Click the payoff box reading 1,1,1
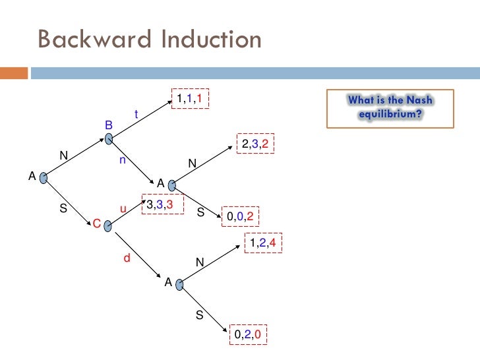pyautogui.click(x=191, y=99)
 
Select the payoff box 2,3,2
pyautogui.click(x=254, y=145)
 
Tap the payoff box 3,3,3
pyautogui.click(x=160, y=204)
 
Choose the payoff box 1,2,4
pyautogui.click(x=263, y=244)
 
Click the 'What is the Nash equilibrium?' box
pyautogui.click(x=391, y=107)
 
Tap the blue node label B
pyautogui.click(x=109, y=125)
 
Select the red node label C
pyautogui.click(x=96, y=225)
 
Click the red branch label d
pyautogui.click(x=127, y=259)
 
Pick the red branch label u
pyautogui.click(x=123, y=209)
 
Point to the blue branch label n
pyautogui.click(x=123, y=159)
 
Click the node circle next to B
pyautogui.click(x=109, y=139)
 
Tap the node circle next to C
pyautogui.click(x=108, y=226)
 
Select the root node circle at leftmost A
pyautogui.click(x=44, y=178)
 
